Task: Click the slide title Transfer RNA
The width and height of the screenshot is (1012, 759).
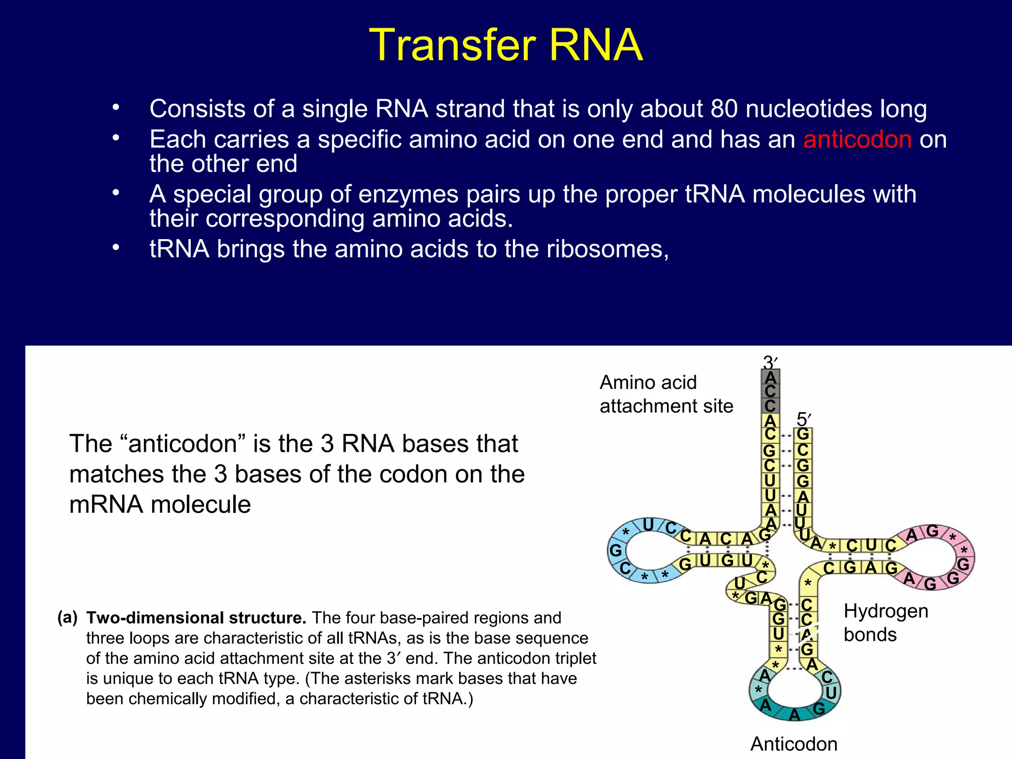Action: pyautogui.click(x=506, y=45)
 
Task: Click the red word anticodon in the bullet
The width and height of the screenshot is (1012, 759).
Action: pyautogui.click(x=857, y=139)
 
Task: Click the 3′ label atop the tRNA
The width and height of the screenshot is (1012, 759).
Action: pyautogui.click(x=770, y=362)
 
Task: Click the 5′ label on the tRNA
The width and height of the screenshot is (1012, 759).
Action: pyautogui.click(x=803, y=420)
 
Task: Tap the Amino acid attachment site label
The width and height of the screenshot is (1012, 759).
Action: pyautogui.click(x=666, y=394)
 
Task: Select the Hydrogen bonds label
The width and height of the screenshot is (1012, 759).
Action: pyautogui.click(x=885, y=623)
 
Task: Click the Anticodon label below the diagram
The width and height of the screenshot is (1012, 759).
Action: pyautogui.click(x=794, y=744)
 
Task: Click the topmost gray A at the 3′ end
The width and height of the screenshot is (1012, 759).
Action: pyautogui.click(x=770, y=378)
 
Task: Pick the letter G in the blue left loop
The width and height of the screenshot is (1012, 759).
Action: pyautogui.click(x=615, y=550)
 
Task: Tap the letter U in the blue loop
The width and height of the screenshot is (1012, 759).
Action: pyautogui.click(x=648, y=525)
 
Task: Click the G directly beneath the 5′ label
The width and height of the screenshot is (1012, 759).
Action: pyautogui.click(x=803, y=434)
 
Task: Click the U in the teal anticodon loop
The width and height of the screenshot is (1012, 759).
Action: pyautogui.click(x=831, y=693)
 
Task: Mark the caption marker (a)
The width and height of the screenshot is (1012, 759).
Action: pyautogui.click(x=68, y=617)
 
